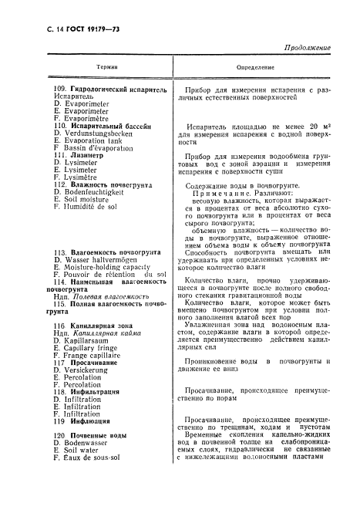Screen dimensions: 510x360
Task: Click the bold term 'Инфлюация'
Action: click(93, 421)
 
